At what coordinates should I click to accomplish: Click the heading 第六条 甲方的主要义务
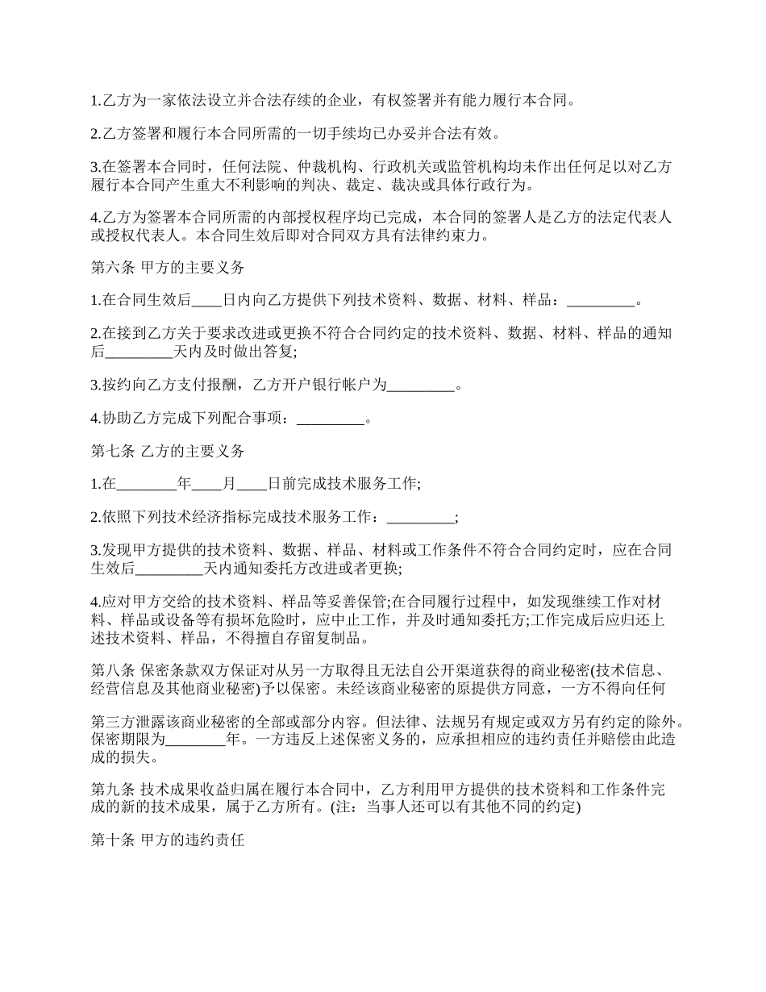coord(167,268)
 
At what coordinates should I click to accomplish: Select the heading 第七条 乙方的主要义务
coord(167,452)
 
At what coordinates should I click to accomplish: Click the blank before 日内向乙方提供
coord(207,302)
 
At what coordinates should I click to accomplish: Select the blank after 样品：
coord(601,302)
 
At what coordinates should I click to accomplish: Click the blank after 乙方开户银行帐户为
coord(421,386)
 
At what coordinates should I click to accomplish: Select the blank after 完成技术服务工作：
coord(421,518)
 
